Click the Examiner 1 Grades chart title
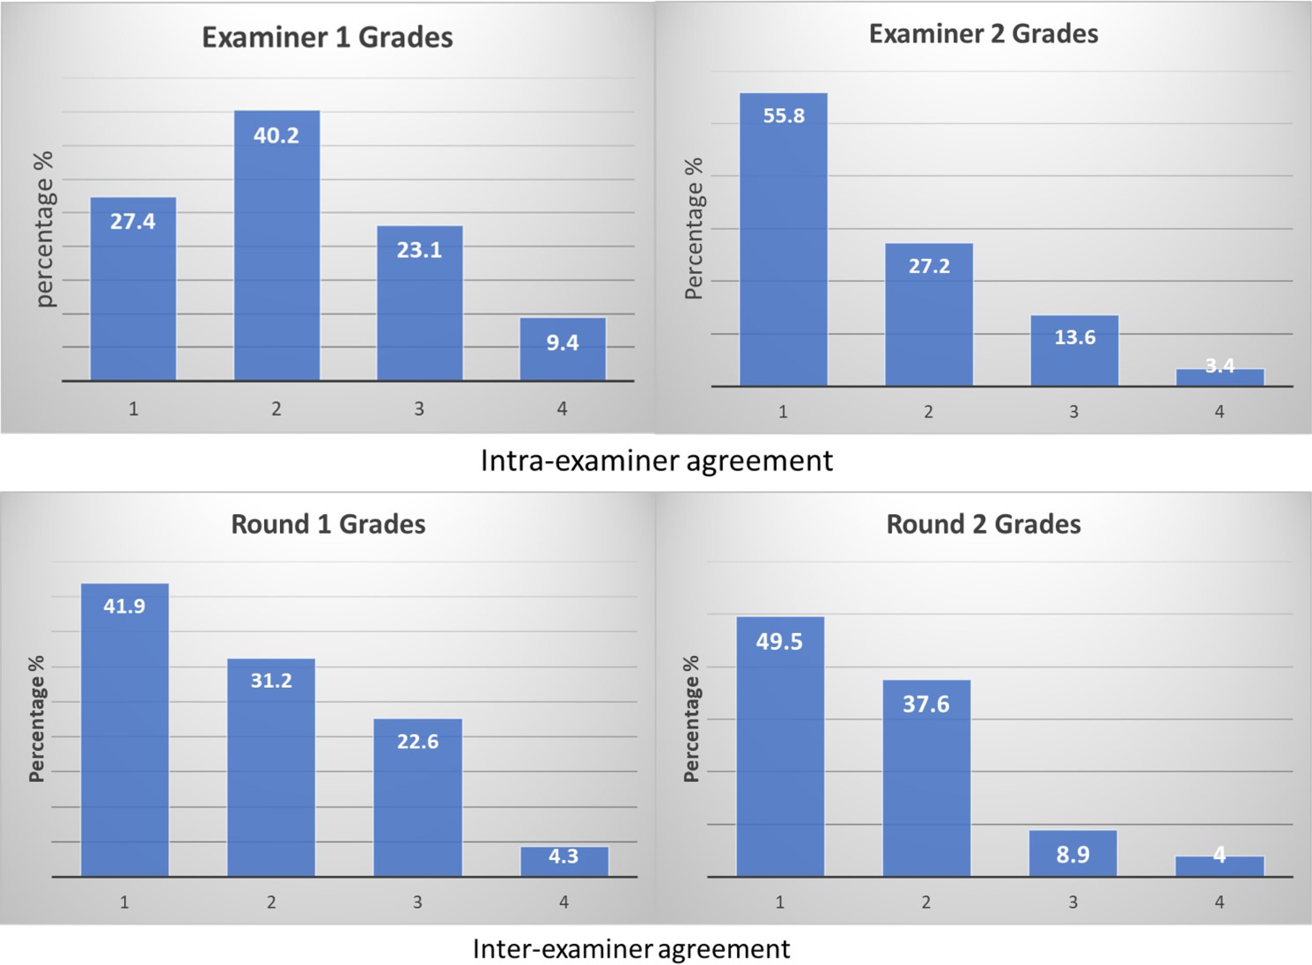click(327, 37)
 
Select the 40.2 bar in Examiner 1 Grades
click(277, 245)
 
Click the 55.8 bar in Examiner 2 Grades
click(783, 239)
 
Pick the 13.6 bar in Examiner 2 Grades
click(1074, 351)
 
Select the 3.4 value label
click(1220, 366)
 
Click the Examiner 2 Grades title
click(984, 34)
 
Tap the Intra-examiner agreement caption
click(657, 461)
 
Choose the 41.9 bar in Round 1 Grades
click(124, 730)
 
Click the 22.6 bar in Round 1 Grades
click(418, 797)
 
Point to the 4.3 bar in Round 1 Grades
click(564, 862)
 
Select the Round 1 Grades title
click(328, 524)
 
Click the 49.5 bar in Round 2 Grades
click(780, 748)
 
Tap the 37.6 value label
click(926, 704)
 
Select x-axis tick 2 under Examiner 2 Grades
click(928, 412)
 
